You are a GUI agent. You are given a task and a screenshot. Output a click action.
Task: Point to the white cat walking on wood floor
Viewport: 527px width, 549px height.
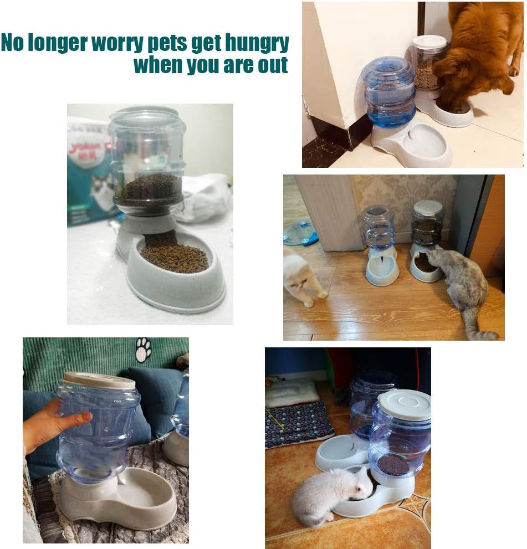(302, 277)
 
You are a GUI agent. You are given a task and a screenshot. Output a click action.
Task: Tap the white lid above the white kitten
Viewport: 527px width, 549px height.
(405, 403)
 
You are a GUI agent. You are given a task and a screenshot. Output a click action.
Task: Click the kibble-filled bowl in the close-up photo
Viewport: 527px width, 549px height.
(175, 258)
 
